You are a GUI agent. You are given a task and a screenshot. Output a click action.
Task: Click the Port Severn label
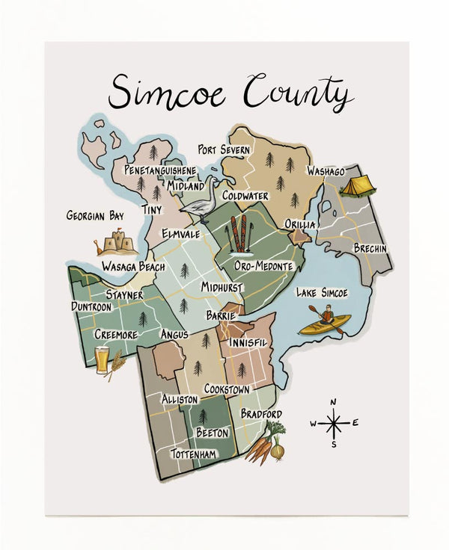(224, 150)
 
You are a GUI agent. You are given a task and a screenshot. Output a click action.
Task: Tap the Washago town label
(326, 171)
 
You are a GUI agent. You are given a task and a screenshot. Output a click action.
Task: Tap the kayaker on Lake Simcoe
(325, 323)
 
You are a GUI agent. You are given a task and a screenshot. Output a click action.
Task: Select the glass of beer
(102, 359)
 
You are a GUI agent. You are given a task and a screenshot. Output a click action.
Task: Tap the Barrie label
(221, 316)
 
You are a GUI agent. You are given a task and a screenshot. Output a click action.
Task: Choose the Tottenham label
(194, 454)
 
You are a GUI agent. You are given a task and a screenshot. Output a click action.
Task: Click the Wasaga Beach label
(133, 267)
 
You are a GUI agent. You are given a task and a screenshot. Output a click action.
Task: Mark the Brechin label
(370, 249)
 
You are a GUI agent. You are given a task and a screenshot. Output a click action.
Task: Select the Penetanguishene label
(161, 170)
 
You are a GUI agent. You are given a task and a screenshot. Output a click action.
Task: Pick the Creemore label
(116, 335)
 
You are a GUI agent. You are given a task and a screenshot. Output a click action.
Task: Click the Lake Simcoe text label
(322, 292)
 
